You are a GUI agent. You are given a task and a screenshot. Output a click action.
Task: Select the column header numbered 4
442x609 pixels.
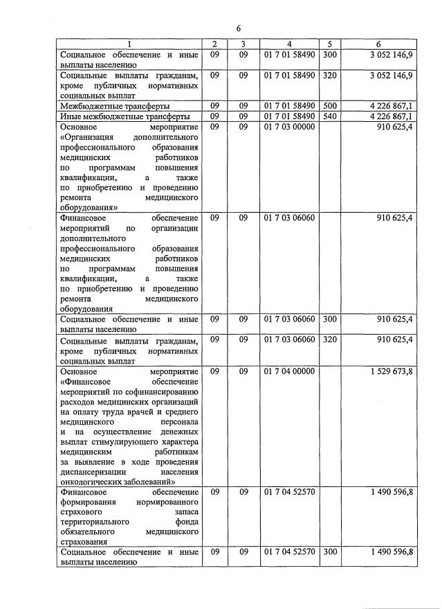[289, 44]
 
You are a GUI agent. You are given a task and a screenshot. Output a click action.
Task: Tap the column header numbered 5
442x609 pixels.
[330, 44]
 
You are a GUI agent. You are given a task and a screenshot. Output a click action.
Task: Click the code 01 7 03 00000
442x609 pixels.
[289, 127]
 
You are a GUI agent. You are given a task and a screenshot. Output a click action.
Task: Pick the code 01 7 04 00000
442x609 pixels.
[289, 371]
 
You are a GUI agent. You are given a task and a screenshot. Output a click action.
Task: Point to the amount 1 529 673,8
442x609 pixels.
[392, 371]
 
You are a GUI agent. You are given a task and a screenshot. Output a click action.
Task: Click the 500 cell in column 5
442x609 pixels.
[330, 105]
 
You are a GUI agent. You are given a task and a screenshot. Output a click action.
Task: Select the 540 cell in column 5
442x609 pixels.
[330, 116]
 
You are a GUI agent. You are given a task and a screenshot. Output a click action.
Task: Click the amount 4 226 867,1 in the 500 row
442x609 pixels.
[392, 105]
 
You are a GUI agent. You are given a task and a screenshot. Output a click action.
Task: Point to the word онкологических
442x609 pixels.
[94, 482]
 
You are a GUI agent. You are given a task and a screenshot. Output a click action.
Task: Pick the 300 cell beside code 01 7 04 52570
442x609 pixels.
[330, 551]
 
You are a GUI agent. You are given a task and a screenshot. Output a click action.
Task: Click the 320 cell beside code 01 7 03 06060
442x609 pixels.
[330, 339]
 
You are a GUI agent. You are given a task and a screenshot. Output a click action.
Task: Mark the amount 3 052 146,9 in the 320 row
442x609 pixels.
[392, 75]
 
